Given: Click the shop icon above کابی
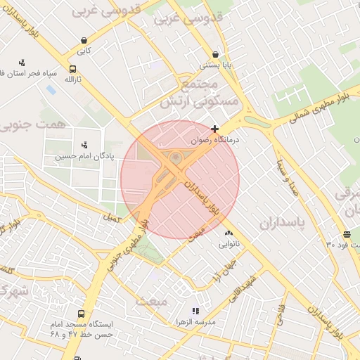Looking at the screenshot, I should (x=84, y=40).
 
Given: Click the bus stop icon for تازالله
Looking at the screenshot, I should (x=73, y=69).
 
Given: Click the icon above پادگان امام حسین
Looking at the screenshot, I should (x=84, y=145).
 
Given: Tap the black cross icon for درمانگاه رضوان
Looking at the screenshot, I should (x=214, y=129).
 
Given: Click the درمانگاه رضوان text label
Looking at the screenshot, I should (x=216, y=140).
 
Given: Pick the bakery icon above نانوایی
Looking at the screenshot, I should (x=228, y=233).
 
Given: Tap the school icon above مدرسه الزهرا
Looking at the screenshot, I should (x=195, y=310).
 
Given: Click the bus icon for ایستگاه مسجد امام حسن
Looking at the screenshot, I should (x=82, y=314).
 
